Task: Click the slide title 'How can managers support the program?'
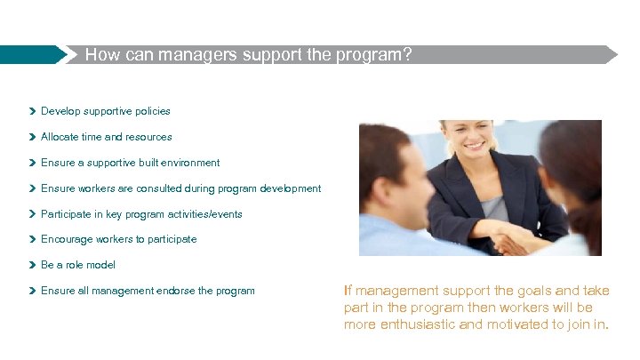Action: click(x=248, y=54)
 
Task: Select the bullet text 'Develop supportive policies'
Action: click(x=105, y=111)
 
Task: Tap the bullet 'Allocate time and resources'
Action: click(x=106, y=137)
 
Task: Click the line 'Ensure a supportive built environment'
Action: click(x=130, y=163)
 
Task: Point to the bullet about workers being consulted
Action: click(x=180, y=188)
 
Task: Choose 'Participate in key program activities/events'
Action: click(x=141, y=214)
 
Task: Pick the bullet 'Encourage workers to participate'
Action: click(x=118, y=239)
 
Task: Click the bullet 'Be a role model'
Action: click(x=78, y=265)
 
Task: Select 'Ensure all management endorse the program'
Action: click(x=148, y=291)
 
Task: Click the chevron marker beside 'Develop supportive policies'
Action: click(x=32, y=112)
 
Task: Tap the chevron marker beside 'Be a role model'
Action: click(x=32, y=265)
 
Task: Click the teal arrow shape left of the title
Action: click(x=36, y=54)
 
